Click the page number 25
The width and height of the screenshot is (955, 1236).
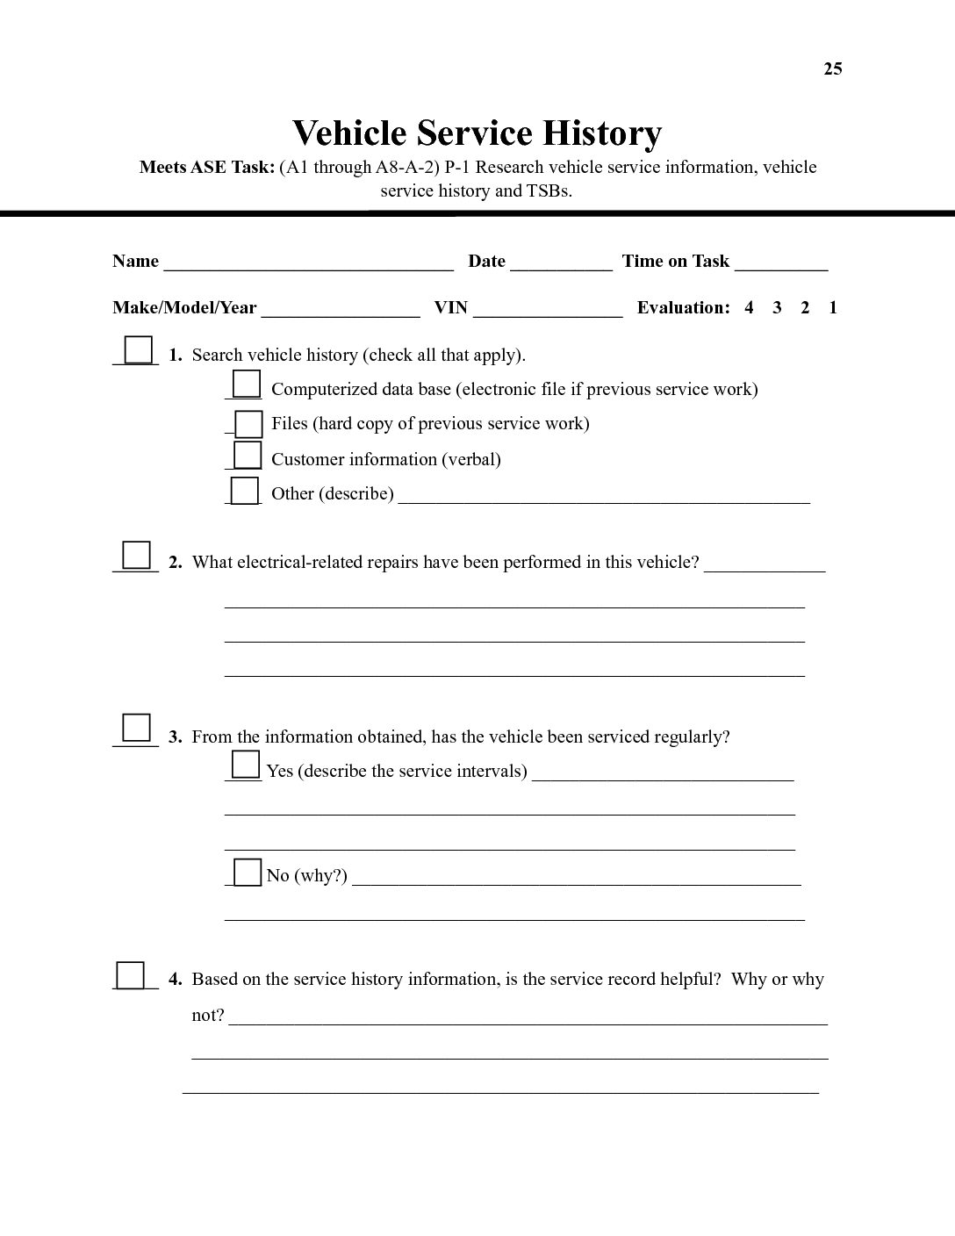832,69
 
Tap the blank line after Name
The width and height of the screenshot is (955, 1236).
308,263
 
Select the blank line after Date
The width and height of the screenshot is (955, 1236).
561,263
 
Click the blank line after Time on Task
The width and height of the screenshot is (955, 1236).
781,263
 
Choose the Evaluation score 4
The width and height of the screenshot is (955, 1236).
749,307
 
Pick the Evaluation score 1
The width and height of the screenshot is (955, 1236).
833,307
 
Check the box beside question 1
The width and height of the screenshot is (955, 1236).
138,350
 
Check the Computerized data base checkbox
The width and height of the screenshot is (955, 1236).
247,384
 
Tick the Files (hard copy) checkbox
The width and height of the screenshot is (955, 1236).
249,424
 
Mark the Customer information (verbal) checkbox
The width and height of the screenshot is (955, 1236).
248,455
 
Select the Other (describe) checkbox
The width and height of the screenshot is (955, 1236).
245,490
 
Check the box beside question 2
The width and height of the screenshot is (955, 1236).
136,555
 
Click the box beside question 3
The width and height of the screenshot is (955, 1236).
136,728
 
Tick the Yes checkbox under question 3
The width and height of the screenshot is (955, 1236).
246,765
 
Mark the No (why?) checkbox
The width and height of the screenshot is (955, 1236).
248,872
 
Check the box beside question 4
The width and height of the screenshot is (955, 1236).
132,975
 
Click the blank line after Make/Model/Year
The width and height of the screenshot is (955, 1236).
341,310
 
